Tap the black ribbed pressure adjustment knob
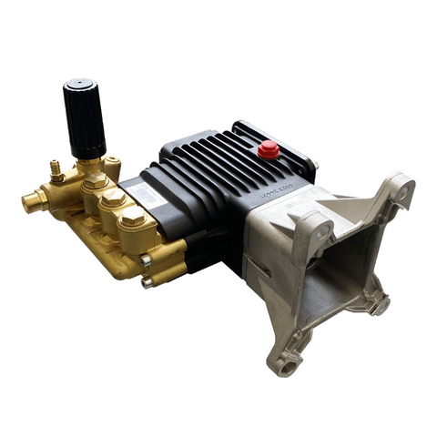coord(85,118)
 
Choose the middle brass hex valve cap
coord(115,198)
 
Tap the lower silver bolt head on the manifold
coord(147,282)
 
